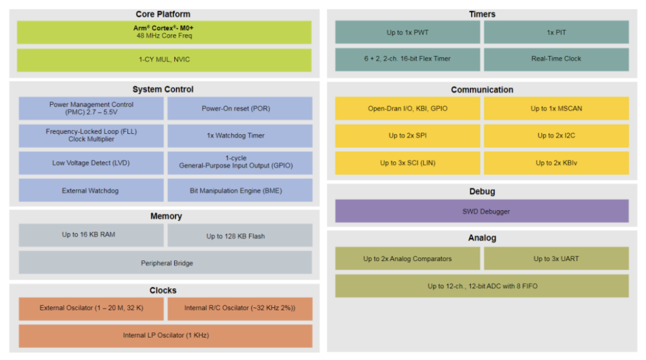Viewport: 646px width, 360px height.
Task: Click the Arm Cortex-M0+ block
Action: [x=164, y=32]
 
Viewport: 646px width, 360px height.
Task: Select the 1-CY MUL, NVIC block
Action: [x=164, y=60]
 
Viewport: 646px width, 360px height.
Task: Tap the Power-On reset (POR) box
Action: [x=240, y=108]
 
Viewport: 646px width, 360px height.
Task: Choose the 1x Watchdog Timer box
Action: [x=240, y=135]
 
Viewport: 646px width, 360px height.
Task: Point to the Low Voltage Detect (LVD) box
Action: [x=91, y=163]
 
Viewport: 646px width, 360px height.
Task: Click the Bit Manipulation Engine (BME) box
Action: [x=240, y=190]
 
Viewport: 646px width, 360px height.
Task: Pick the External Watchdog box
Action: [x=91, y=190]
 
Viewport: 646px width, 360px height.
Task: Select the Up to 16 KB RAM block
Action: [x=91, y=235]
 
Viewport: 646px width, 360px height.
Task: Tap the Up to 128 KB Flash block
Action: [x=240, y=236]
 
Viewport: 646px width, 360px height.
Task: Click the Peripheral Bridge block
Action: [x=166, y=263]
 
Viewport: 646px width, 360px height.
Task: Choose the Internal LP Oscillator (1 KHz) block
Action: [x=166, y=336]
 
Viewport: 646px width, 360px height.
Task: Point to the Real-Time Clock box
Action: [x=556, y=59]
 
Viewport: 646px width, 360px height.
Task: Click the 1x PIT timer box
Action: [x=556, y=32]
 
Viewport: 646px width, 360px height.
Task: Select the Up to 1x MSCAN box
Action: [x=556, y=108]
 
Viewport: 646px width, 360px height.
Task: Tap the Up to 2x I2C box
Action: [x=556, y=135]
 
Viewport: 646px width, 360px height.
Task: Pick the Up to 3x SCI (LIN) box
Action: [x=408, y=163]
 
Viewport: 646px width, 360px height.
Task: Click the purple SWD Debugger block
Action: [x=482, y=211]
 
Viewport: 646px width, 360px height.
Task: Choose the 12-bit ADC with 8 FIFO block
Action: [x=482, y=286]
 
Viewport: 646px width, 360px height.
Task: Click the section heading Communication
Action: [x=482, y=90]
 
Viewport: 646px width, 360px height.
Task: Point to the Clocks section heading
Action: [x=163, y=290]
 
